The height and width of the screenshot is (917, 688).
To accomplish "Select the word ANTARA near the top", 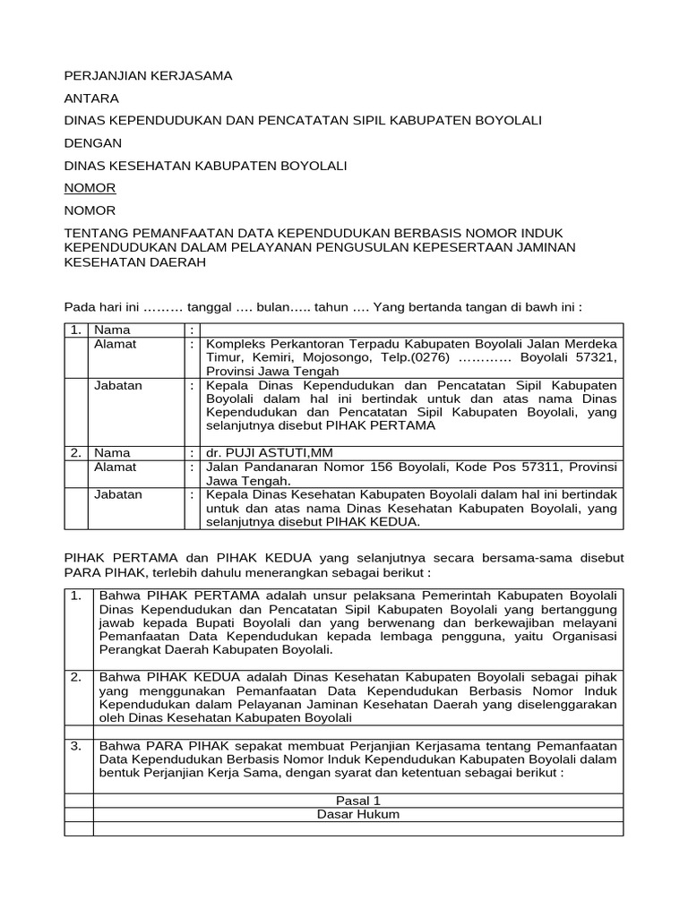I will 91,99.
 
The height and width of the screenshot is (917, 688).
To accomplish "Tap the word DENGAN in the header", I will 93,143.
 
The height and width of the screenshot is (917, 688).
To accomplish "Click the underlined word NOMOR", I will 90,188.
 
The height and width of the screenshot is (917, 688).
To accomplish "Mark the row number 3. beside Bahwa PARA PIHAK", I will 77,745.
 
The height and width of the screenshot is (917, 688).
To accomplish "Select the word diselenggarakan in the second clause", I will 571,704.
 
